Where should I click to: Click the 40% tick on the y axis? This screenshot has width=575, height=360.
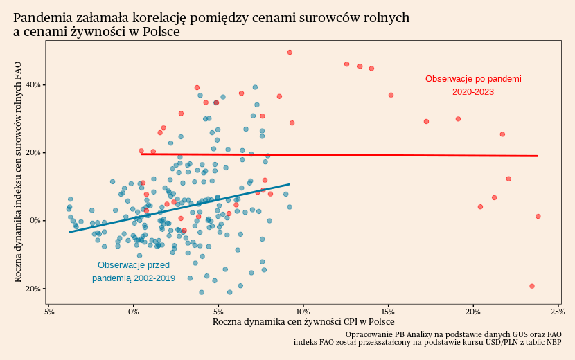coord(33,84)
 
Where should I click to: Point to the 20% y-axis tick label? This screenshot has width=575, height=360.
coord(33,152)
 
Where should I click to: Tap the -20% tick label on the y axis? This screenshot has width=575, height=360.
coord(32,288)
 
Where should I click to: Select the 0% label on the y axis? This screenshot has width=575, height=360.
coord(35,220)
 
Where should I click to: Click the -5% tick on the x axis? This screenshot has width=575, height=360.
coord(48,311)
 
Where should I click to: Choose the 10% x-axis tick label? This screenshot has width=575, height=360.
coord(303,311)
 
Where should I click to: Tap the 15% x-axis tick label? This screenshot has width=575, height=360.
coord(388,311)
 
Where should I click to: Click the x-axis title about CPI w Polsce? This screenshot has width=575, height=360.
coord(303,322)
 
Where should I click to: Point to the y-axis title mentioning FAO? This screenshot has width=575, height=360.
coord(19,171)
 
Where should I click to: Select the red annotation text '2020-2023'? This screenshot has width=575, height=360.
coord(473,91)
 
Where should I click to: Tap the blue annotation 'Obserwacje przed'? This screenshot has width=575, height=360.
coord(134,265)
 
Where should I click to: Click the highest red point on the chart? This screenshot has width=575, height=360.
coord(290,52)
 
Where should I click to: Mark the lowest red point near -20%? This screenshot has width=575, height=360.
coord(532,286)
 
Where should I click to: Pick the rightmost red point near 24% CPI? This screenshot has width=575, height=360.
coord(538,217)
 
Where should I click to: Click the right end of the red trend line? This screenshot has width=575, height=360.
coord(538,156)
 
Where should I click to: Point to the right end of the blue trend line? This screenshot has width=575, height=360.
coord(289,184)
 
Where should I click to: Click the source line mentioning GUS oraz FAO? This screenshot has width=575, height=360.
coord(453,334)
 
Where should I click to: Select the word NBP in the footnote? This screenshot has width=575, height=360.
coord(554,342)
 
